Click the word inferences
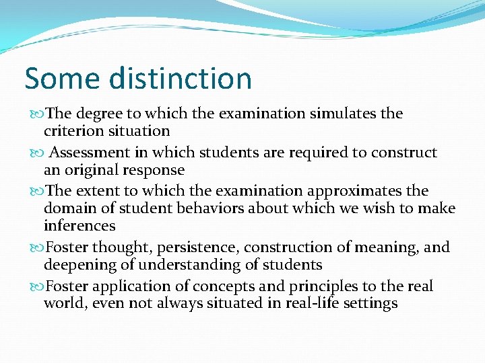click(79, 225)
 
